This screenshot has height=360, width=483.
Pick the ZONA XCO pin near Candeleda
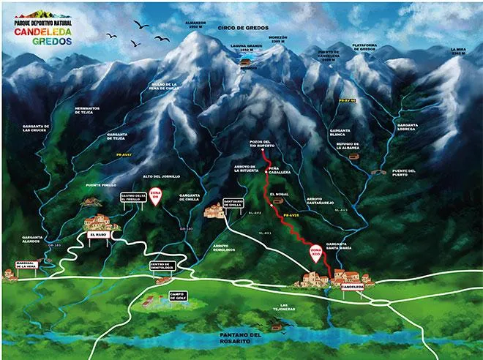coord(315,252)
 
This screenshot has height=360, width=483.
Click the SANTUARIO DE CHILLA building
coord(214,211)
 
